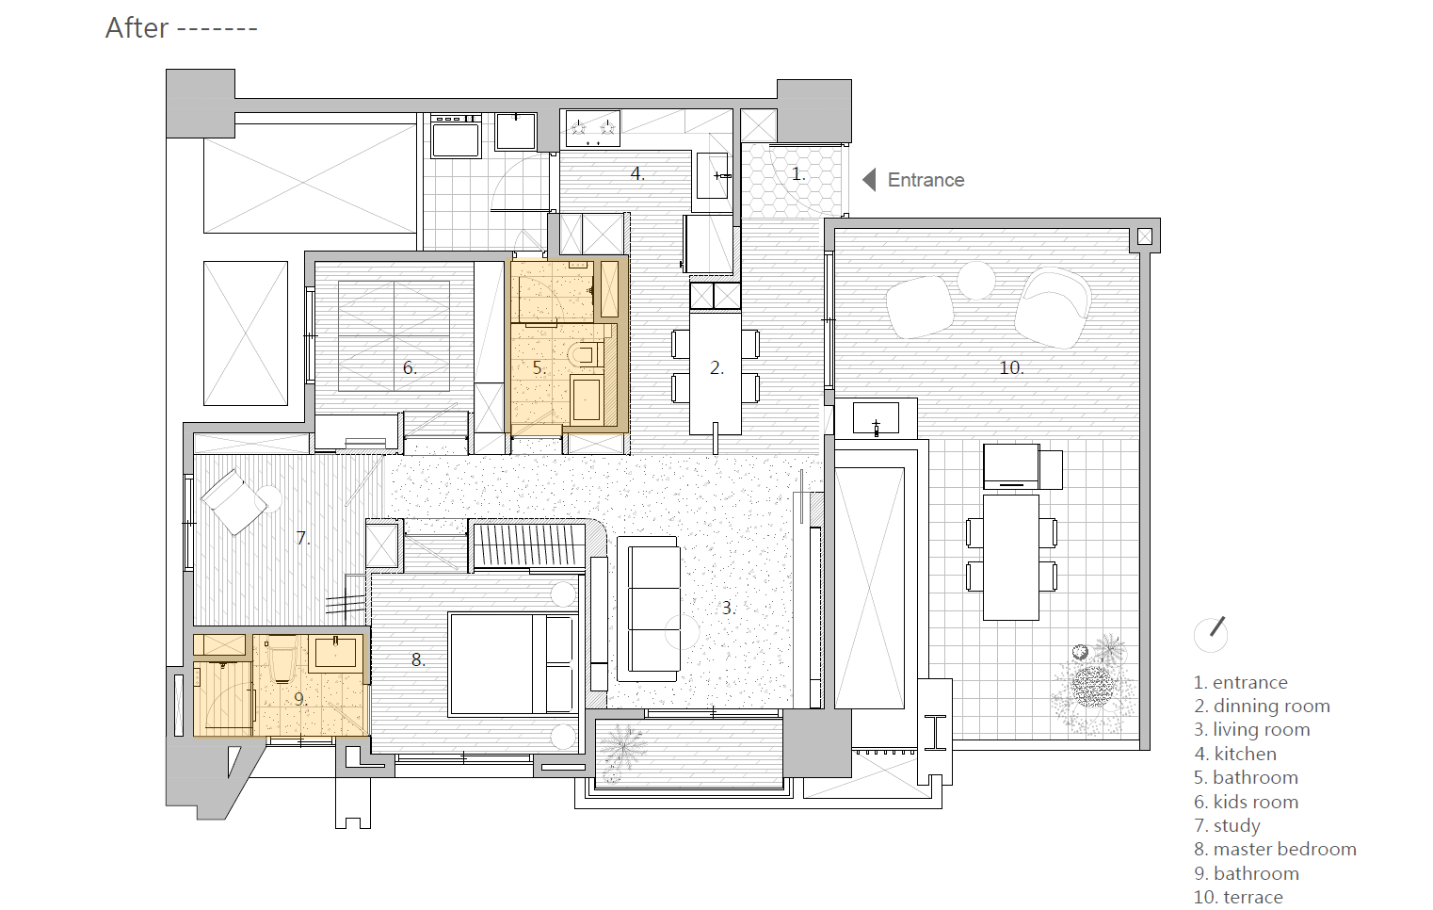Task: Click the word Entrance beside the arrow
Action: click(926, 180)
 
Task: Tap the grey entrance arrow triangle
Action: click(869, 180)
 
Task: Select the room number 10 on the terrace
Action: click(1011, 368)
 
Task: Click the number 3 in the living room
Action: click(728, 608)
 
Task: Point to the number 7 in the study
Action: click(302, 538)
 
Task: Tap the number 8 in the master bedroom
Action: click(418, 659)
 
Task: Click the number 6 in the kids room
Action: click(410, 368)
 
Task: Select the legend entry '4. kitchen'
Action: click(1235, 754)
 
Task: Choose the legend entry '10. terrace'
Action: click(1238, 897)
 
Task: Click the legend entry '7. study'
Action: click(1227, 825)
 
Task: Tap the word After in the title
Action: click(137, 28)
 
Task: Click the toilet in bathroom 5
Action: click(585, 354)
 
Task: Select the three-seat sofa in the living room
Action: click(649, 609)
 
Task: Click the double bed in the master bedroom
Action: click(513, 663)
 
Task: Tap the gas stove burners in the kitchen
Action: click(593, 129)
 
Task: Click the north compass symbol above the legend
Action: click(1211, 634)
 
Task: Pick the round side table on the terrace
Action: click(976, 281)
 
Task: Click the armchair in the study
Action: click(233, 502)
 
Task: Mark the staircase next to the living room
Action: click(528, 544)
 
